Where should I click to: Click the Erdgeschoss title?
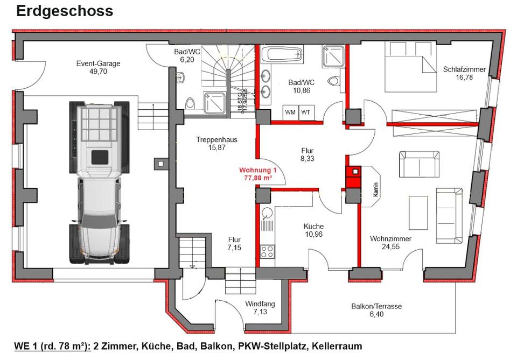65,11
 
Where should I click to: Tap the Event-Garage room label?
98,63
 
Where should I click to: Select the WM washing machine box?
290,112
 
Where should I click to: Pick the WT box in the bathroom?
306,112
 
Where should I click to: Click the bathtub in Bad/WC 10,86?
282,55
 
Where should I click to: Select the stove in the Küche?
267,251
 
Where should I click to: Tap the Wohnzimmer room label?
390,239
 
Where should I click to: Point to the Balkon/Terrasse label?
376,306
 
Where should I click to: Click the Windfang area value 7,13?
260,312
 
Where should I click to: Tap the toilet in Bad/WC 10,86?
334,82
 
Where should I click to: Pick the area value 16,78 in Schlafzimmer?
464,77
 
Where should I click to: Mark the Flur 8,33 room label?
307,151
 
